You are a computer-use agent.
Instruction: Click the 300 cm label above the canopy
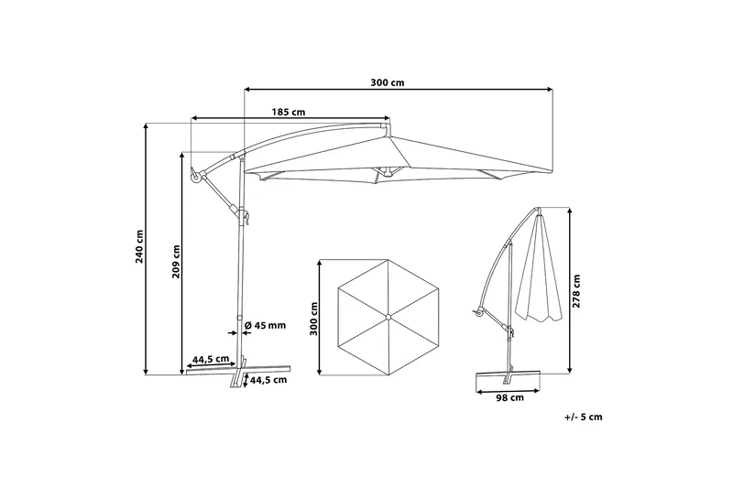387,82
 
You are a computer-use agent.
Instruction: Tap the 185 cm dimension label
289,112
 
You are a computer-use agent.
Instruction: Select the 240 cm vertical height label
139,246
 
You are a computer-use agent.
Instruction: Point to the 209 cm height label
176,262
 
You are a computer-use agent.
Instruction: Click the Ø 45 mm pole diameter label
265,326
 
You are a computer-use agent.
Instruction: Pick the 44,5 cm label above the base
211,359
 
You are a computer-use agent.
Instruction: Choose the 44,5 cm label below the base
268,380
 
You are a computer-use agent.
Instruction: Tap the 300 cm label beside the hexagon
313,319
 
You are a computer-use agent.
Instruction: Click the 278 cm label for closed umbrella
576,291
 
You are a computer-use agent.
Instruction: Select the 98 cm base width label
509,398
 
